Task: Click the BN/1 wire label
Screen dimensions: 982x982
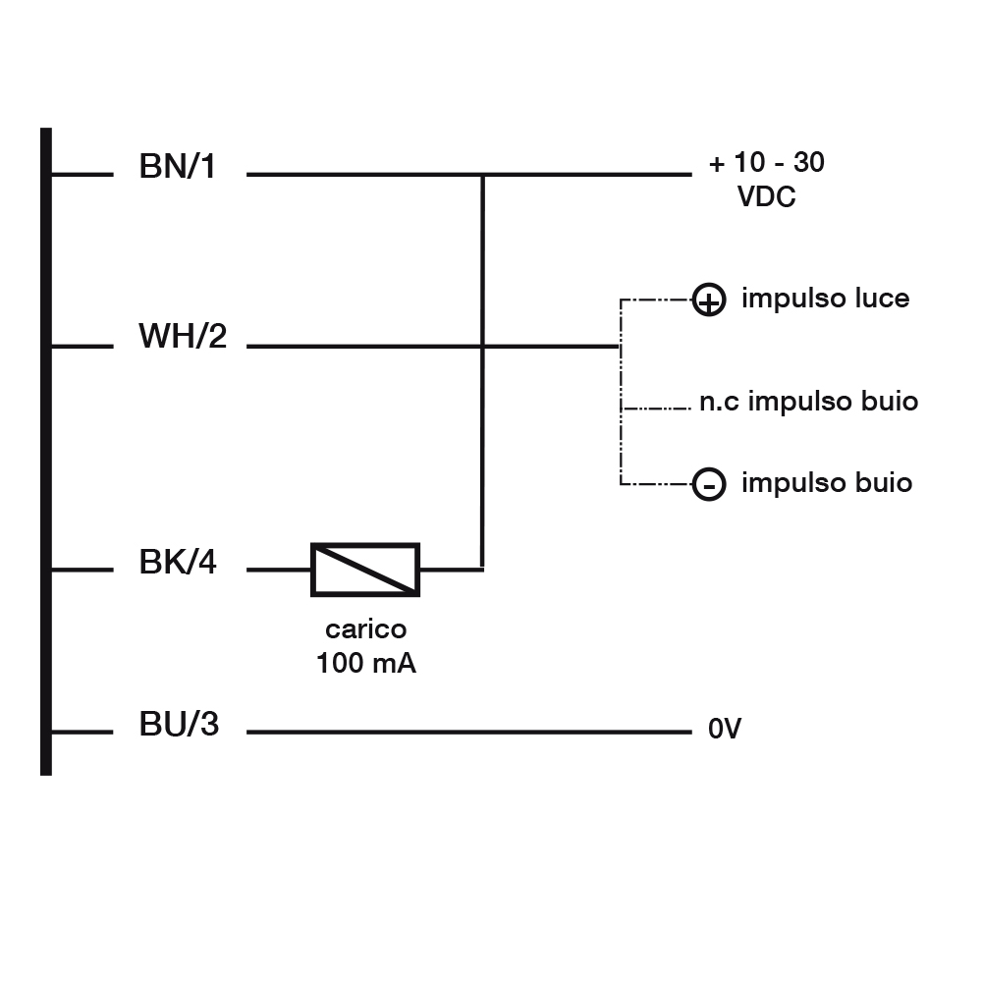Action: [178, 167]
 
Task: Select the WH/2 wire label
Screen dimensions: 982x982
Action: [183, 337]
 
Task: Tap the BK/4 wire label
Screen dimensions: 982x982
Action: [178, 564]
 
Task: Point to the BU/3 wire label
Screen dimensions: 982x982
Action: [179, 726]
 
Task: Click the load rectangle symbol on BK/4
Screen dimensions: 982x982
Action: [365, 569]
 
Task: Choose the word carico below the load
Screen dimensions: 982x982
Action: [365, 629]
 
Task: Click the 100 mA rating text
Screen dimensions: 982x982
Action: [365, 664]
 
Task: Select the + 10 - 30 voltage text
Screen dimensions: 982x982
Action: [767, 163]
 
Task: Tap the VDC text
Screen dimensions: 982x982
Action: [766, 197]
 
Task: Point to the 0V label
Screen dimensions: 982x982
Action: [724, 730]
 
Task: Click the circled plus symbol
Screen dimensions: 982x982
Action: [709, 300]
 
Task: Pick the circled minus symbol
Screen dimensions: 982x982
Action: [709, 484]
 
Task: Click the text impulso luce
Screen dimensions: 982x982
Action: [825, 299]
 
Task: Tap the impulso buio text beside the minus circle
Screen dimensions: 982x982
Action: [827, 483]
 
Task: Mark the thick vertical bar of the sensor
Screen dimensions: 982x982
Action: [45, 452]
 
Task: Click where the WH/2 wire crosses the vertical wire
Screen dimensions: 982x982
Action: [482, 346]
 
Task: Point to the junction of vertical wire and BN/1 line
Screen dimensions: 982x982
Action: [482, 175]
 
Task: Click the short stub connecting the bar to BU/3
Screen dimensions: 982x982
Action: [82, 732]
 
